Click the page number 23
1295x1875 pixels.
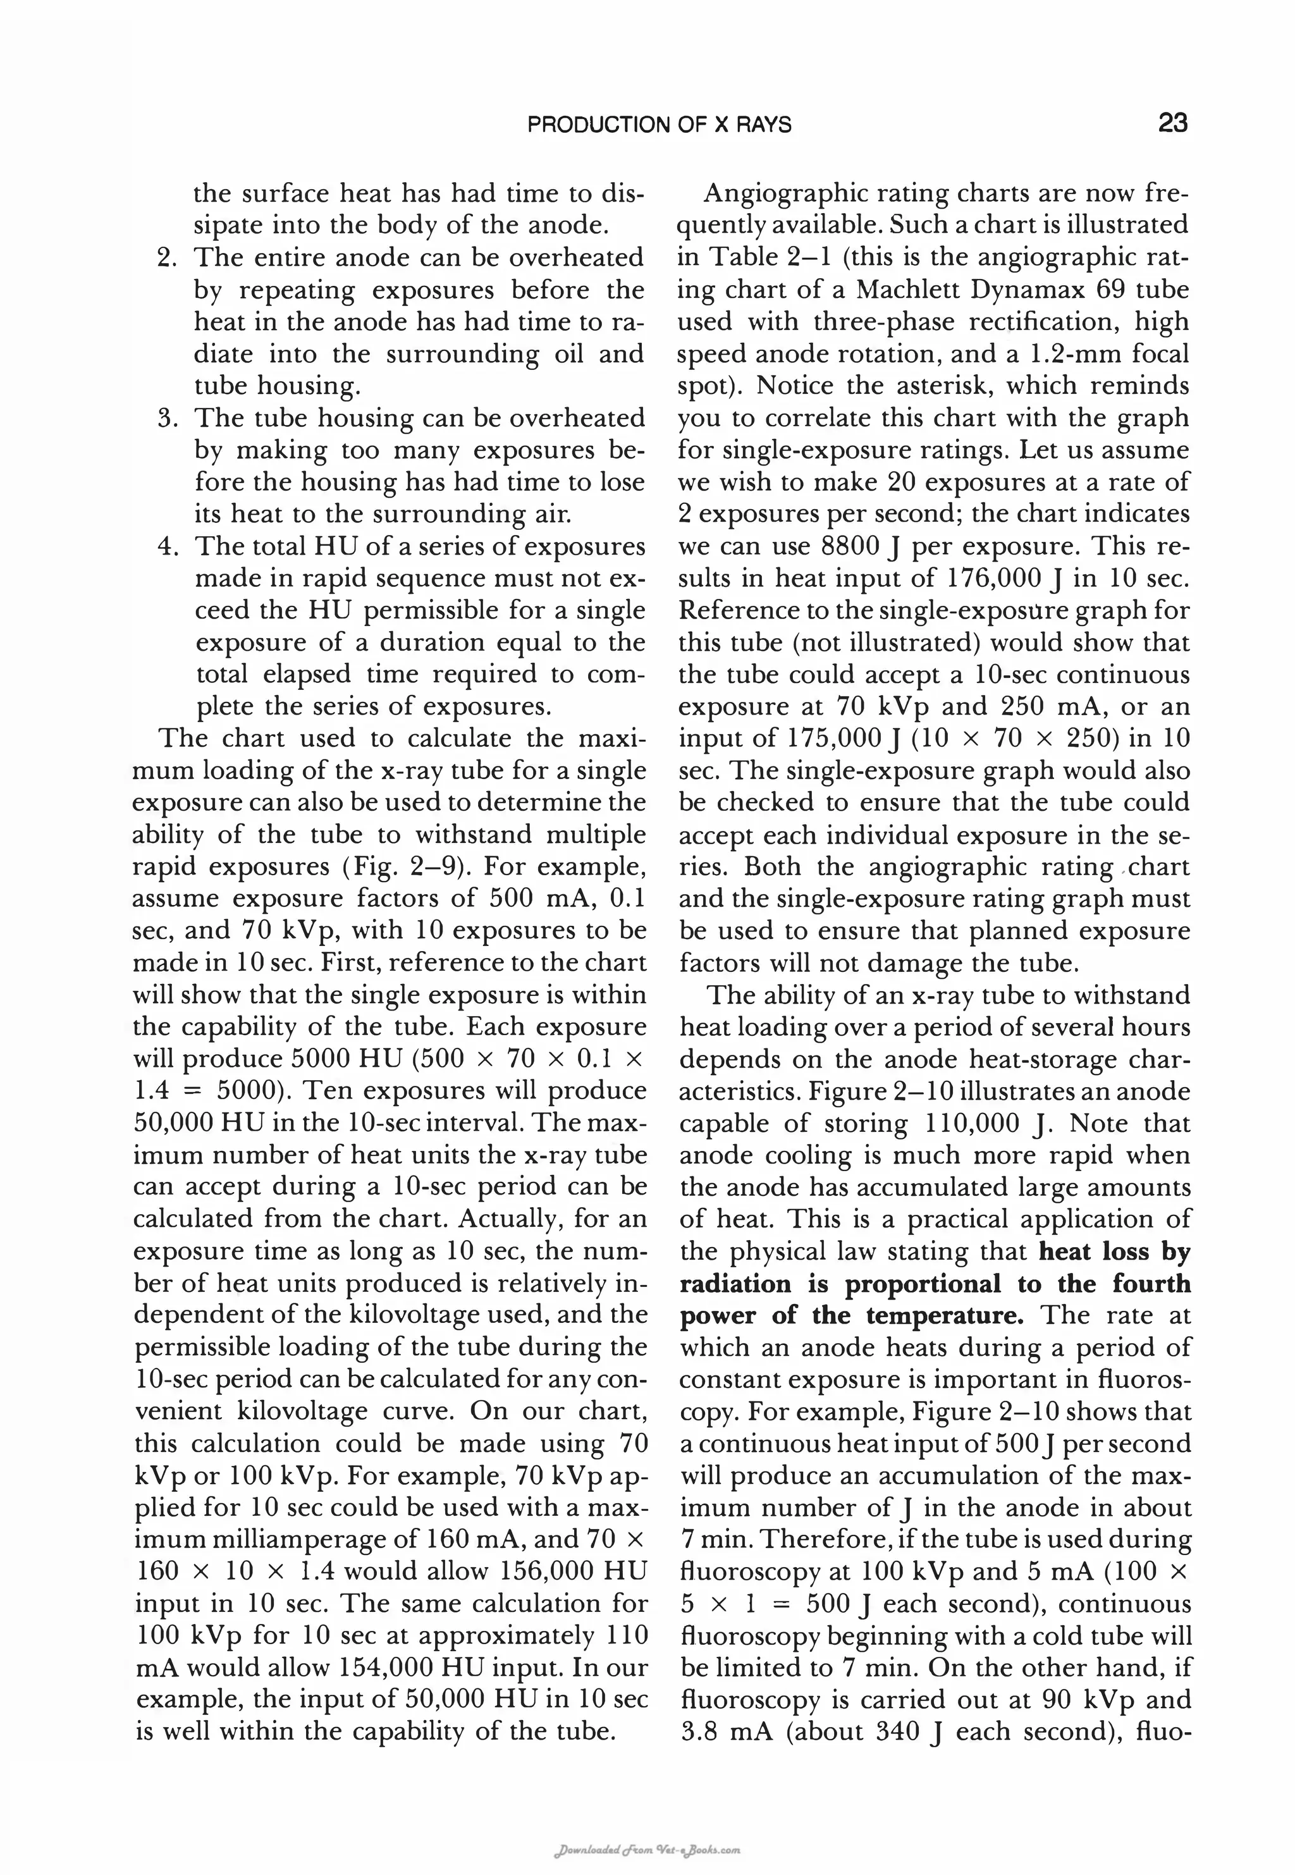(x=1172, y=123)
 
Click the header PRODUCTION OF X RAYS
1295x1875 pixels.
(x=659, y=125)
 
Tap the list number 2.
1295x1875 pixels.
(x=166, y=258)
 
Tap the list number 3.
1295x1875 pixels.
(x=166, y=419)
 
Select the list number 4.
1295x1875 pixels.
(x=166, y=547)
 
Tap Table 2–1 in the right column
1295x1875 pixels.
(x=756, y=258)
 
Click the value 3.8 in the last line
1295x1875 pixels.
(x=696, y=1732)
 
